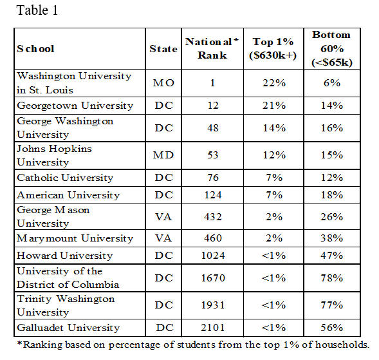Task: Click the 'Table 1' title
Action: pyautogui.click(x=37, y=10)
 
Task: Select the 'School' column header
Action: pyautogui.click(x=35, y=49)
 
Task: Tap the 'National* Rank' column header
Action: pyautogui.click(x=212, y=48)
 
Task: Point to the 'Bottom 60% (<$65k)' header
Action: pyautogui.click(x=331, y=49)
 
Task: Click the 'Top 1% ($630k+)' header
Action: pyautogui.click(x=273, y=48)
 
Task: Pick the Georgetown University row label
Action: pyautogui.click(x=75, y=106)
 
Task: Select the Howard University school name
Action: pyautogui.click(x=64, y=256)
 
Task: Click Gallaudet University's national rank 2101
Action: pyautogui.click(x=213, y=328)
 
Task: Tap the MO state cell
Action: pyautogui.click(x=163, y=83)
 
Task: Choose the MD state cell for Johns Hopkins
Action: pyautogui.click(x=163, y=155)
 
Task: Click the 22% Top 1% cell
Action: pyautogui.click(x=274, y=83)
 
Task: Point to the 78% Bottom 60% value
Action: pyautogui.click(x=331, y=278)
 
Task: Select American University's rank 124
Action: pyautogui.click(x=213, y=195)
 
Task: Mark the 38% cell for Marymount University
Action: pyautogui.click(x=331, y=238)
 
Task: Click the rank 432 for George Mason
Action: pyautogui.click(x=213, y=216)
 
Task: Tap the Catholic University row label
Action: pyautogui.click(x=65, y=178)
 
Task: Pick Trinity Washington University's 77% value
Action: pyautogui.click(x=331, y=305)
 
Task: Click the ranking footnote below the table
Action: pyautogui.click(x=193, y=345)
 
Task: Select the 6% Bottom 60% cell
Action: pyautogui.click(x=332, y=83)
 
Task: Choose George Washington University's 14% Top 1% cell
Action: pyautogui.click(x=274, y=128)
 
